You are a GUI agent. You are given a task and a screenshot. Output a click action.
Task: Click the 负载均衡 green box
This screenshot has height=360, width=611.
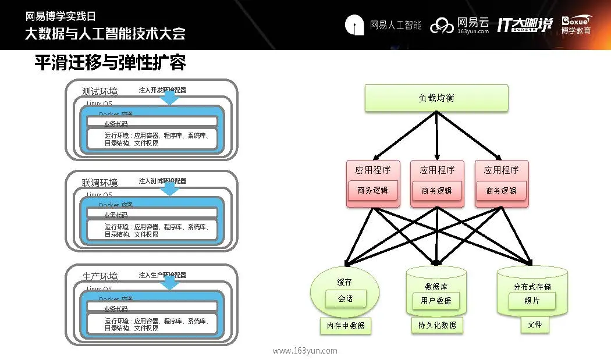tap(436, 98)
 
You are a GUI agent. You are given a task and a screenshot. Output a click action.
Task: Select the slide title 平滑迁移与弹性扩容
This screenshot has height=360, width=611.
tap(110, 63)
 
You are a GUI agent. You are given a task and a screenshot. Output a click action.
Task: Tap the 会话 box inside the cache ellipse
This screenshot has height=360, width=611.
tap(346, 299)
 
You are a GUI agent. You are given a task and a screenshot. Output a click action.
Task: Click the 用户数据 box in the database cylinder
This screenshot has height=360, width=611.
tap(436, 301)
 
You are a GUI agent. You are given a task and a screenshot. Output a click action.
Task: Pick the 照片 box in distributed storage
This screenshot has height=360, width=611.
tap(531, 301)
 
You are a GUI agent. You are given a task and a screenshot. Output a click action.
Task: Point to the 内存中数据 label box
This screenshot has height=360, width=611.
tap(346, 326)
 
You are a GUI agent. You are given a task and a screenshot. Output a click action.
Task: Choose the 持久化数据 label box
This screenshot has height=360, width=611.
tap(437, 325)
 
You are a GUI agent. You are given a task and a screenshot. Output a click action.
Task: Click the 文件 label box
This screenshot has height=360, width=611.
tap(535, 325)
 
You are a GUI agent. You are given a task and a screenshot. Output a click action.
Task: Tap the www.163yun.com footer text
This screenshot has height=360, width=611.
tap(305, 351)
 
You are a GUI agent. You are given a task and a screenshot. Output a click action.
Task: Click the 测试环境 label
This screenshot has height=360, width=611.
tap(100, 91)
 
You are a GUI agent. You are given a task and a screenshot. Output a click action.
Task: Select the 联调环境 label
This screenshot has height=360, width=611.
tap(100, 183)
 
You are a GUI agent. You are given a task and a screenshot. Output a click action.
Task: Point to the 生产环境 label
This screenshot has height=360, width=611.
tap(100, 275)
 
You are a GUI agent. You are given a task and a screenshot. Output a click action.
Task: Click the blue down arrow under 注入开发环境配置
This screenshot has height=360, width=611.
tap(170, 98)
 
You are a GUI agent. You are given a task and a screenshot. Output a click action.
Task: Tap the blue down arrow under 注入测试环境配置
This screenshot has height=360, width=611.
tap(170, 189)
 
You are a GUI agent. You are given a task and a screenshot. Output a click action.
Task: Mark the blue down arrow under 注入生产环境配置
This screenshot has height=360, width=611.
tap(170, 282)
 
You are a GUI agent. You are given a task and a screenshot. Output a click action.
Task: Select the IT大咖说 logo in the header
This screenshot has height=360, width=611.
tap(524, 24)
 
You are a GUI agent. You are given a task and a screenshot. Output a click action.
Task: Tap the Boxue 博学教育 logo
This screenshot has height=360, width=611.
tap(576, 24)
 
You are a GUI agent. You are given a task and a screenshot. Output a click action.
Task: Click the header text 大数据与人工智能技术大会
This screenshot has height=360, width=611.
tap(105, 33)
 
